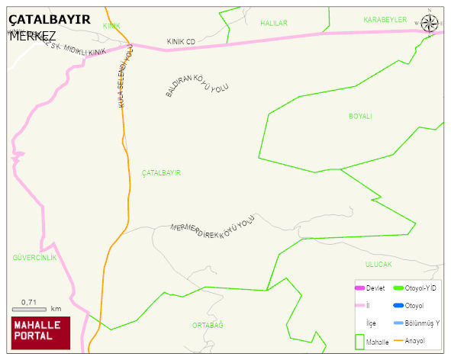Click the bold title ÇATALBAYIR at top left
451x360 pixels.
(50, 20)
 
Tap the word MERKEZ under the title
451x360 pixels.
(32, 36)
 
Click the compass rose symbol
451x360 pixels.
(430, 24)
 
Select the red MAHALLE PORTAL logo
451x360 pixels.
(40, 332)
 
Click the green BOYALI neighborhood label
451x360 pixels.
(360, 116)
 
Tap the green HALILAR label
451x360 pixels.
(274, 24)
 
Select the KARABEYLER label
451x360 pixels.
(385, 20)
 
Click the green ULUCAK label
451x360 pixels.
(378, 264)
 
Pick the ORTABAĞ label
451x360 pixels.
(208, 325)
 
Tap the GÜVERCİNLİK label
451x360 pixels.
(34, 258)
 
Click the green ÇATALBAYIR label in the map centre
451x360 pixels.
(161, 173)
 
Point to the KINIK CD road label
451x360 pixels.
(181, 41)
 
